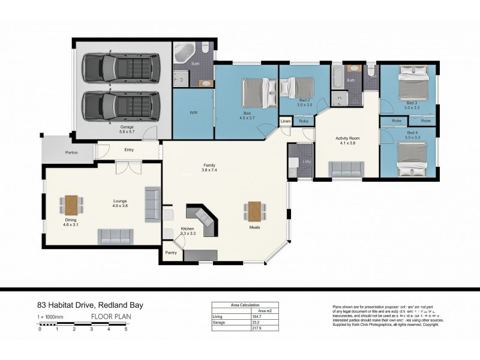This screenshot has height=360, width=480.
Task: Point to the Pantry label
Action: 170,253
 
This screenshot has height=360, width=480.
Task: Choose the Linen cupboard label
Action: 286,122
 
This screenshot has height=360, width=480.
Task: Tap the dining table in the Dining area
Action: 71,205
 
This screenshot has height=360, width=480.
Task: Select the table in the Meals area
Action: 254,211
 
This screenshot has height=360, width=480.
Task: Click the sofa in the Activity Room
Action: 347,169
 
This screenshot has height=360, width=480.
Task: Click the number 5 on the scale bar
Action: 126,329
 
